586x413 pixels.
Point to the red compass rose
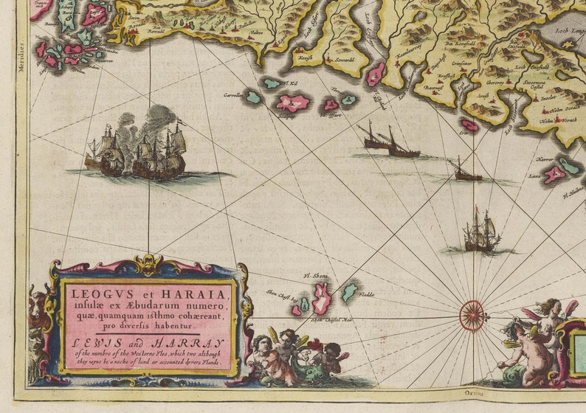pyautogui.click(x=472, y=315)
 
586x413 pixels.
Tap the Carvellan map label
pyautogui.click(x=234, y=95)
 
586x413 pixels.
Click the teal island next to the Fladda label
pyautogui.click(x=350, y=291)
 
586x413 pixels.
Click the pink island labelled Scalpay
pyautogui.click(x=292, y=103)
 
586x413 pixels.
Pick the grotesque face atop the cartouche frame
pyautogui.click(x=148, y=263)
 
